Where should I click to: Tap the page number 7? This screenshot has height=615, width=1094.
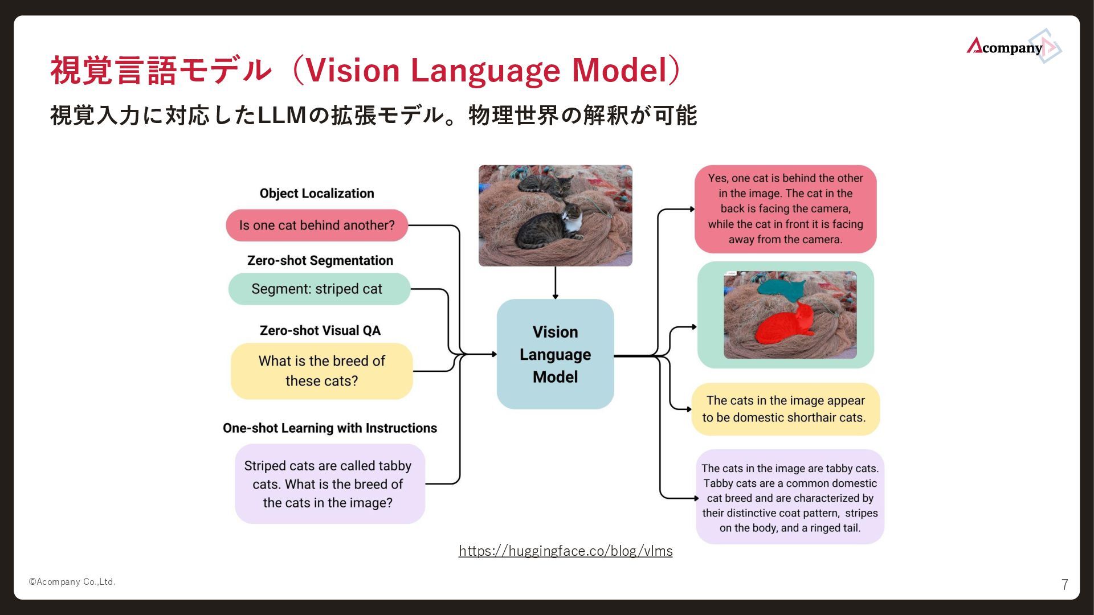point(1064,584)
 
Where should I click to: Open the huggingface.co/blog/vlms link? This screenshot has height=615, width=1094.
point(565,551)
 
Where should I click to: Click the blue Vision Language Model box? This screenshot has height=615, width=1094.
point(555,354)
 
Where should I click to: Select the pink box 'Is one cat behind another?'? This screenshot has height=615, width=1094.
point(317,225)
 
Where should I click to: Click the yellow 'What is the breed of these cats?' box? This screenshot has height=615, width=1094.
point(321,371)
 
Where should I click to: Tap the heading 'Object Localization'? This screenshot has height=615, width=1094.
point(317,194)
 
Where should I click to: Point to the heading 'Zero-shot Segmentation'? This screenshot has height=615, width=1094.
point(320,260)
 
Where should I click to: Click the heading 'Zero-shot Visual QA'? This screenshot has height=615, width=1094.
point(320,330)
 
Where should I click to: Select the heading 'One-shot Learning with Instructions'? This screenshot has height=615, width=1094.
point(329,428)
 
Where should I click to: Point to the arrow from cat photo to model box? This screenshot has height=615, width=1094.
point(555,282)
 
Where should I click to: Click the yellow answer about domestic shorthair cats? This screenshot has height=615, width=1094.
point(785,409)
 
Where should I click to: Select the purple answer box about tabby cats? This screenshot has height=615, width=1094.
point(790,497)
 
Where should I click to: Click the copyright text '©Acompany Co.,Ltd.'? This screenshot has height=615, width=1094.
point(72,581)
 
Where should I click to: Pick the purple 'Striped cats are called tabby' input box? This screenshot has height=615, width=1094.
point(329,483)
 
